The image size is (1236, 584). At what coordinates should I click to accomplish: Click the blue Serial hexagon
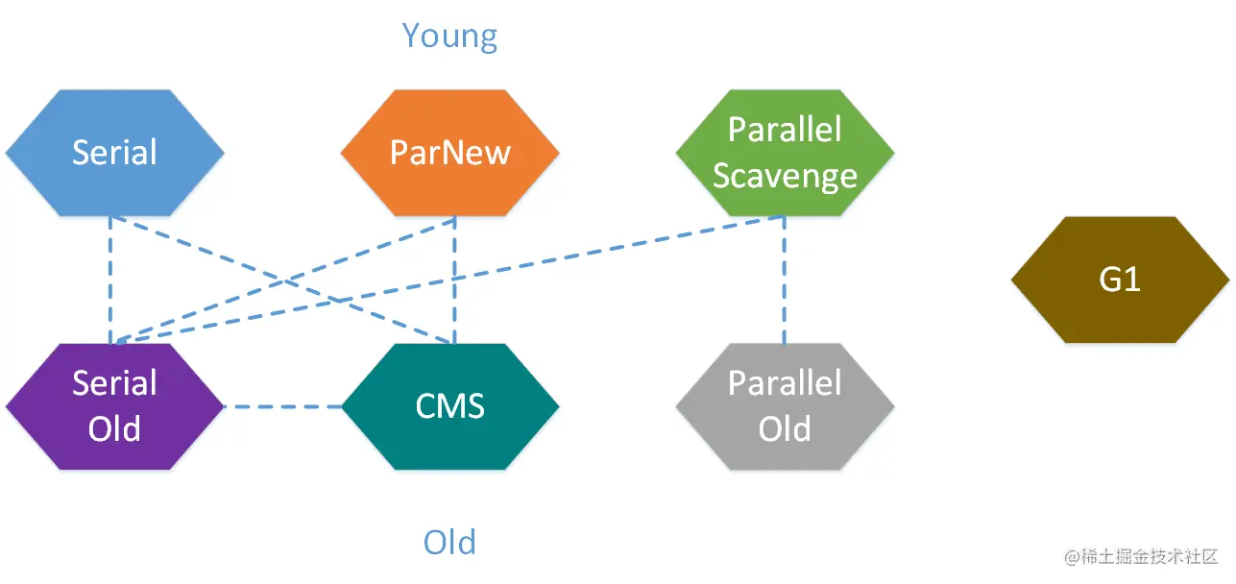point(115,153)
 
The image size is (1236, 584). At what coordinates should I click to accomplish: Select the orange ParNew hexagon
point(450,153)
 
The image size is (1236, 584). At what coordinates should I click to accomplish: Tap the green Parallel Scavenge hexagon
point(786,153)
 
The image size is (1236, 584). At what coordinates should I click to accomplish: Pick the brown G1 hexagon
point(1120,280)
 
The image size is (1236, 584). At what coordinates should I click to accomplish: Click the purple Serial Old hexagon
point(115,407)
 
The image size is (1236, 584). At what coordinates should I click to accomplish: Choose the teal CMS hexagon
point(450,407)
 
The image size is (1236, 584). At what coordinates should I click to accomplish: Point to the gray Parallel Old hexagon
point(786,407)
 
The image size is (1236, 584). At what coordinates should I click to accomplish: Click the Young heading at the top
point(449,37)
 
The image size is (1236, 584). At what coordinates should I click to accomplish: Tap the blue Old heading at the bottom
point(449,542)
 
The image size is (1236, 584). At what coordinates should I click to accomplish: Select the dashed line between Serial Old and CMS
point(283,407)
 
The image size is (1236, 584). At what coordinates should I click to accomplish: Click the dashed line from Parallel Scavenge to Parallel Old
point(784,280)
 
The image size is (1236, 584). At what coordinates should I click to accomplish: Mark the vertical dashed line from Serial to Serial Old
point(110,280)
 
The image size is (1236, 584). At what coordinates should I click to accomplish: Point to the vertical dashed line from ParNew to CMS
point(454,280)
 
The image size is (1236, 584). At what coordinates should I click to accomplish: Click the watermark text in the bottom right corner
point(1141,556)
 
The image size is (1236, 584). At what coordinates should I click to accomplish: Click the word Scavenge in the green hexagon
point(786,177)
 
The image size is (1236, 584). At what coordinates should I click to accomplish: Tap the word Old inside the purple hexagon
point(115,429)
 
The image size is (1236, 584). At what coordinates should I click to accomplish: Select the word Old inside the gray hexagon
point(785,429)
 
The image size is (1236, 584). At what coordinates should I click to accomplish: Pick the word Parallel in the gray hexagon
point(785,383)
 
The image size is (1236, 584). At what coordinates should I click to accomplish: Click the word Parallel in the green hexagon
point(785,130)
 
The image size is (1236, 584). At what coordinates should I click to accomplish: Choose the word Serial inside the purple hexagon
point(115,383)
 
